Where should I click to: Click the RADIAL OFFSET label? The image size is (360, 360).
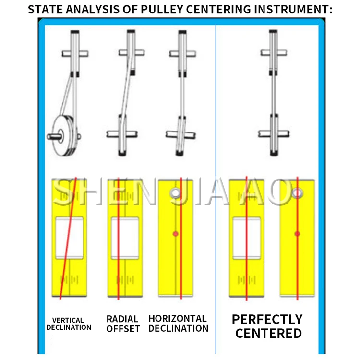click(x=123, y=324)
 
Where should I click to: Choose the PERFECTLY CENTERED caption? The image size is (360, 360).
click(x=267, y=326)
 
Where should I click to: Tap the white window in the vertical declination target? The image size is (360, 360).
click(x=70, y=237)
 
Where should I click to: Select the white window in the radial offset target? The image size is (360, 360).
click(x=125, y=237)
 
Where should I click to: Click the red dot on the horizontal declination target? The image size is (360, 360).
click(x=175, y=234)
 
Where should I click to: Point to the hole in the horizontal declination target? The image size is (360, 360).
click(x=175, y=193)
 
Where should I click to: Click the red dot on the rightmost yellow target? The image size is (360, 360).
click(x=297, y=234)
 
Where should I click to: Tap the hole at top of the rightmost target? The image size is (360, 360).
click(x=297, y=193)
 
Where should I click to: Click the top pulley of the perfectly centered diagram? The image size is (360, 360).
click(x=273, y=53)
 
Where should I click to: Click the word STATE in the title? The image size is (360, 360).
click(x=44, y=9)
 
